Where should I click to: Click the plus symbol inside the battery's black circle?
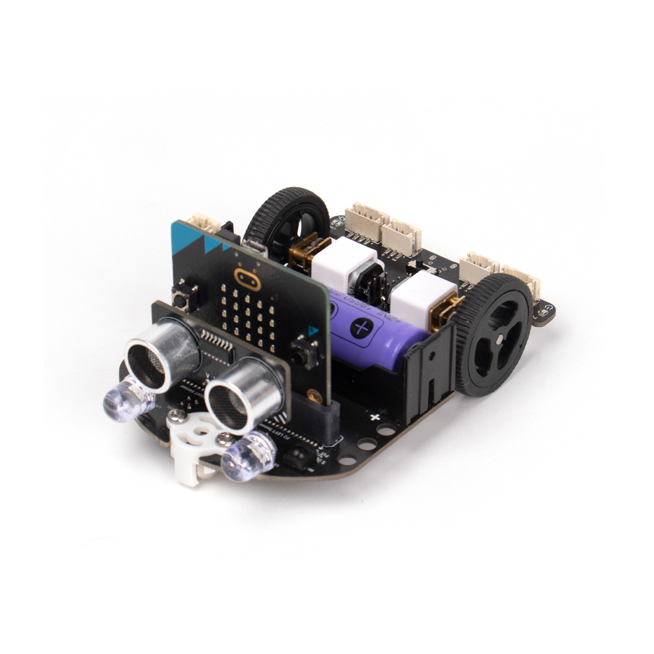tap(362, 326)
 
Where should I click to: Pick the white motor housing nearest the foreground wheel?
tap(423, 297)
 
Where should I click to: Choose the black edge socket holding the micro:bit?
tap(316, 416)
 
